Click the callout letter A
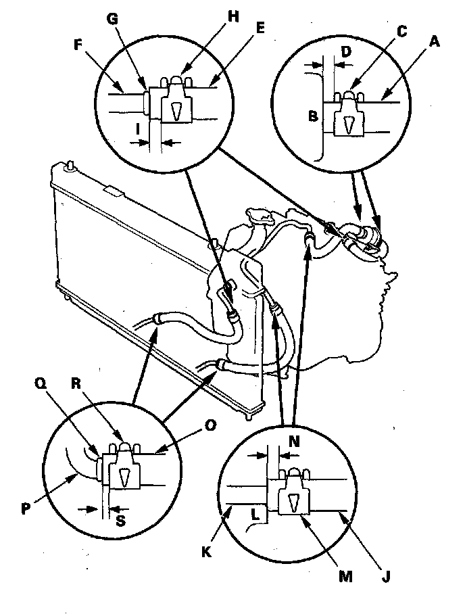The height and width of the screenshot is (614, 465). (x=435, y=42)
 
